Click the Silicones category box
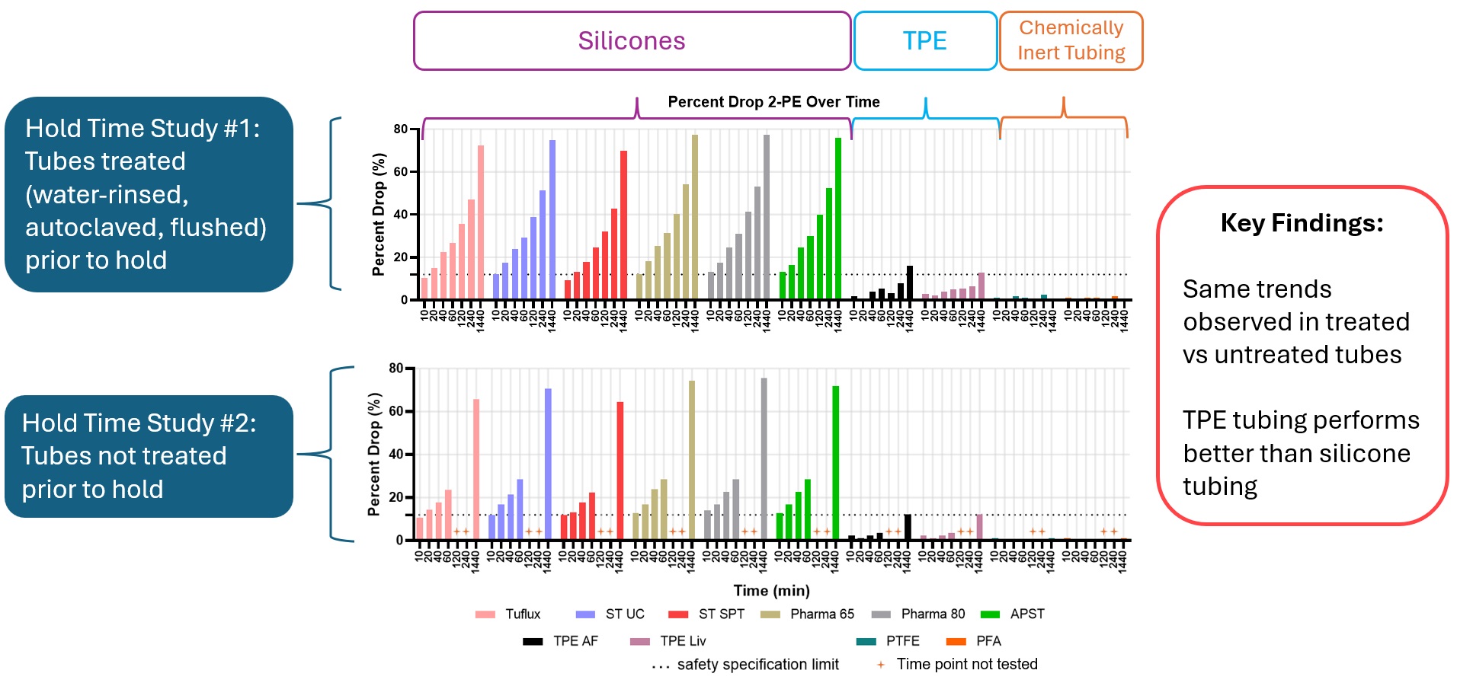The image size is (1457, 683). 632,41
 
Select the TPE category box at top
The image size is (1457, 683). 925,41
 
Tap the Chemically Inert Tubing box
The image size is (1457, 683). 1071,41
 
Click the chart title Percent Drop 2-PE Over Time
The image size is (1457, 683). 773,102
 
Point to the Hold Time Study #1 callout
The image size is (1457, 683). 149,194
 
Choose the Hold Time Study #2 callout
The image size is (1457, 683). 149,456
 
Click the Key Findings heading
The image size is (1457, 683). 1302,223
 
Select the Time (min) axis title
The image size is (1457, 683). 771,591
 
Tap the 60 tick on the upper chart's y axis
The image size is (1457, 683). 401,172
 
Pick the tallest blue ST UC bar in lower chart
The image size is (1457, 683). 548,464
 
